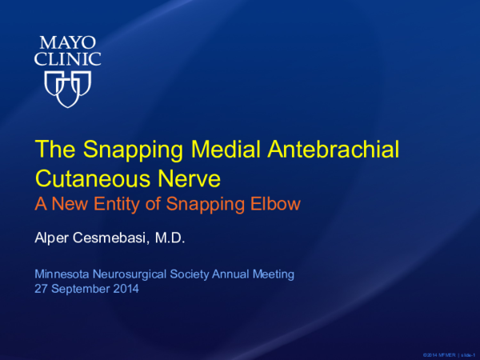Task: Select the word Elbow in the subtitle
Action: (276, 204)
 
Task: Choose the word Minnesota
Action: (61, 274)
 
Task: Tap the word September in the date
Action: (80, 289)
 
